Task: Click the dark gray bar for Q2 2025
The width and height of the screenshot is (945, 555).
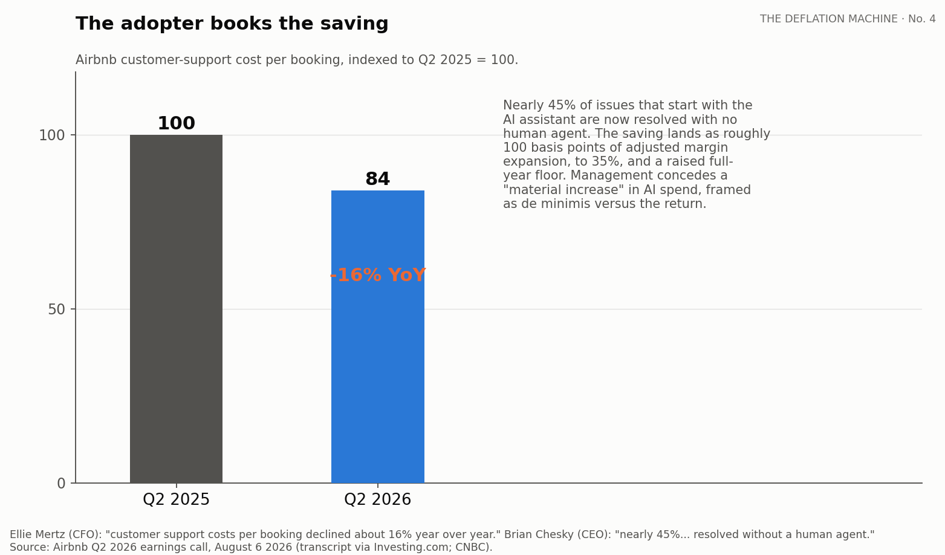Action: (176, 309)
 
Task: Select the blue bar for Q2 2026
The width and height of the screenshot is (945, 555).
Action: (378, 337)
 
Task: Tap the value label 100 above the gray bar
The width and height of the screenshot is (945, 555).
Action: (176, 123)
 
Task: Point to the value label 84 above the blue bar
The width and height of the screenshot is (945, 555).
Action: (378, 179)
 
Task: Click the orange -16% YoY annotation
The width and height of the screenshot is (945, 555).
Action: (378, 275)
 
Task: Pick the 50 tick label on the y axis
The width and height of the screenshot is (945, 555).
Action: (57, 310)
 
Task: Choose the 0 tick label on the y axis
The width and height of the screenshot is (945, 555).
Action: (61, 483)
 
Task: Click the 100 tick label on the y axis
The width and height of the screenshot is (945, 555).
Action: (52, 135)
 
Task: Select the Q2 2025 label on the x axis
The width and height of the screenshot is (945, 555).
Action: (176, 499)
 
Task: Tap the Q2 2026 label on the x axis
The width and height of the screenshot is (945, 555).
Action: (378, 499)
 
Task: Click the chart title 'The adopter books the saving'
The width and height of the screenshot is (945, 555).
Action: (232, 24)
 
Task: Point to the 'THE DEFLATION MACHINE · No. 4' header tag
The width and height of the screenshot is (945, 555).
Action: (848, 19)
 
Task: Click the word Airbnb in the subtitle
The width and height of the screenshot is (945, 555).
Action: (96, 60)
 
